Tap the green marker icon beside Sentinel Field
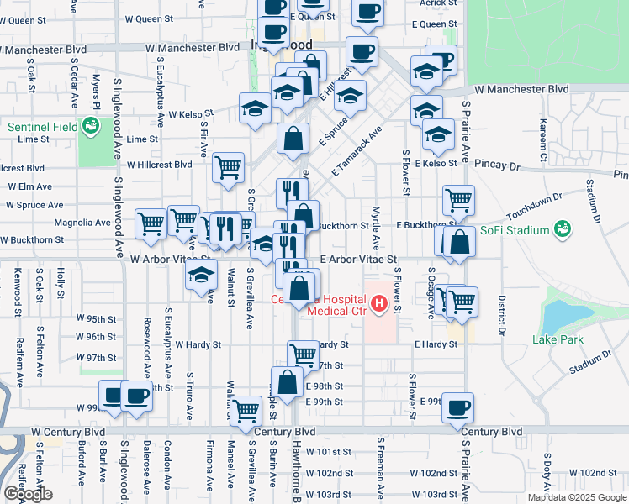click(x=91, y=128)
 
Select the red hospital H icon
click(x=378, y=302)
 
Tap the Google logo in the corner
click(x=28, y=494)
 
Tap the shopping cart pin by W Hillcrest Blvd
click(x=228, y=168)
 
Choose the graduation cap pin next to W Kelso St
click(x=256, y=107)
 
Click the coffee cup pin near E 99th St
click(x=457, y=407)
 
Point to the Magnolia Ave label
click(x=82, y=223)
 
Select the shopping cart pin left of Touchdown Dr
click(x=457, y=200)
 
